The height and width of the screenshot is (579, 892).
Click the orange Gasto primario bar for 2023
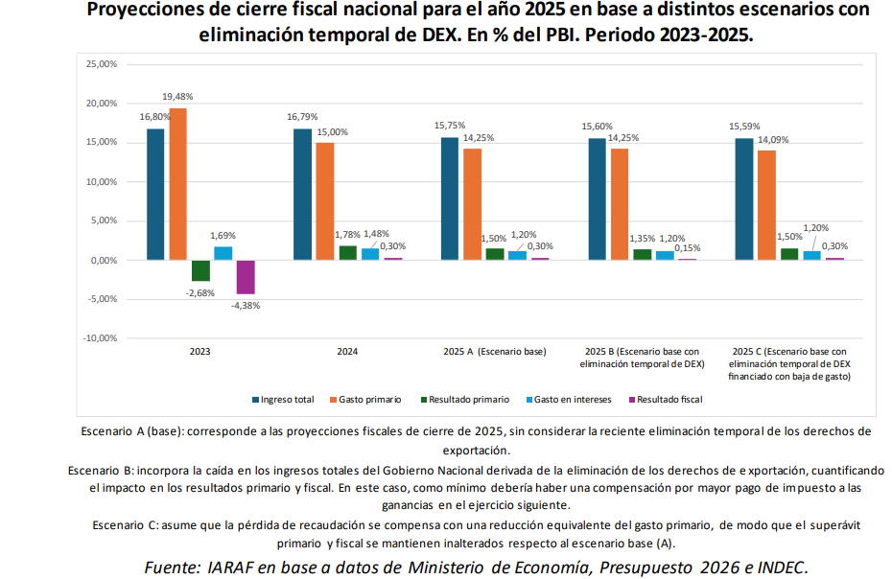pyautogui.click(x=178, y=183)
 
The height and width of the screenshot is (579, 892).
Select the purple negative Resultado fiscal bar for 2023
pyautogui.click(x=246, y=276)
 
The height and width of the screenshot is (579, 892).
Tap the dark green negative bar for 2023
pyautogui.click(x=200, y=270)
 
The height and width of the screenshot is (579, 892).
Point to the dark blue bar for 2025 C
pyautogui.click(x=743, y=198)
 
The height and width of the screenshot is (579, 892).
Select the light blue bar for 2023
pyautogui.click(x=223, y=253)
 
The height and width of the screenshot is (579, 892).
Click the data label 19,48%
pyautogui.click(x=177, y=97)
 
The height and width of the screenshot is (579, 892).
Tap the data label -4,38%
pyautogui.click(x=246, y=306)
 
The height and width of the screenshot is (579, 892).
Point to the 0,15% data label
pyautogui.click(x=686, y=247)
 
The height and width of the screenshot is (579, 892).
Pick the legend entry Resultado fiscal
pyautogui.click(x=669, y=399)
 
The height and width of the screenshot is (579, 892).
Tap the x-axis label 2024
pyautogui.click(x=347, y=352)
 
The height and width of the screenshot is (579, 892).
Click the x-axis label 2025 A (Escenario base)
pyautogui.click(x=494, y=352)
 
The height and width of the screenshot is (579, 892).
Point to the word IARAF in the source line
pyautogui.click(x=231, y=566)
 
